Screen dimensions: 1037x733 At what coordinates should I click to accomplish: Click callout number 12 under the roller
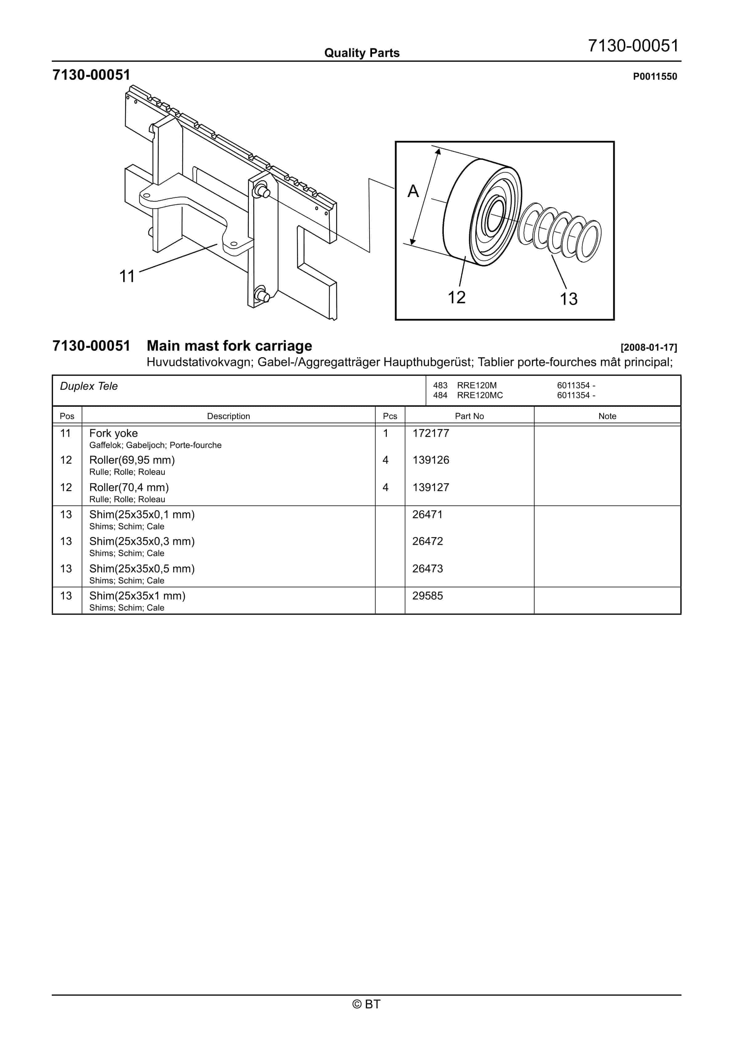click(456, 297)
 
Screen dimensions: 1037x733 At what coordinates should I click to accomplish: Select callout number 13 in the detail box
click(569, 299)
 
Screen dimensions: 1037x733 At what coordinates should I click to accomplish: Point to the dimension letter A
click(413, 192)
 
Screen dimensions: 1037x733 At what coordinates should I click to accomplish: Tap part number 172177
click(431, 433)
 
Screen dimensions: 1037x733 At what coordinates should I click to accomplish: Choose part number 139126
click(431, 460)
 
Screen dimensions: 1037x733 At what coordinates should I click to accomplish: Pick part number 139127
click(431, 487)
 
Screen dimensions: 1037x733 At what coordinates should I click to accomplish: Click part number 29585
click(427, 596)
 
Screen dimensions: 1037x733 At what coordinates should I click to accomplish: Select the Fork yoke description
click(113, 433)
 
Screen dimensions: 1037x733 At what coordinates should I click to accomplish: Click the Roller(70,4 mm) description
click(129, 487)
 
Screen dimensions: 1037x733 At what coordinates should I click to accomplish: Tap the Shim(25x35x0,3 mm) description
click(142, 541)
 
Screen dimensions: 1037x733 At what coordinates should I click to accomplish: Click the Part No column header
click(469, 416)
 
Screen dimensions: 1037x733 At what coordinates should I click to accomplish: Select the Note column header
click(607, 416)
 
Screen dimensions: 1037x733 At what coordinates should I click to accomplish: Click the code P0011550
click(655, 76)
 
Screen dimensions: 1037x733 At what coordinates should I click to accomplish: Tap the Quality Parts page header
click(362, 53)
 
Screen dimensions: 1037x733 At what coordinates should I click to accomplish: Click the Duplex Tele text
click(89, 386)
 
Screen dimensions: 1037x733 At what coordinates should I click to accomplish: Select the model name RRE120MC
click(480, 395)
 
